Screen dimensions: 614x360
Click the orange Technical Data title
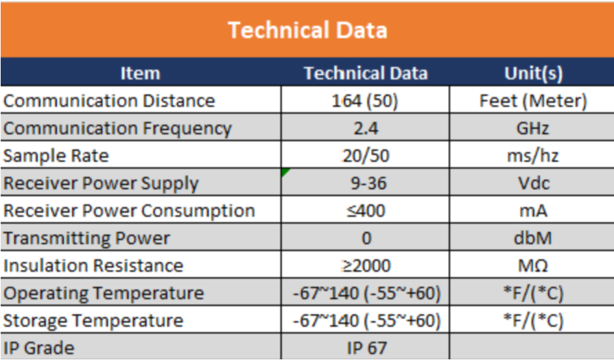[x=307, y=30]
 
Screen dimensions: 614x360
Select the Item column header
[x=140, y=73]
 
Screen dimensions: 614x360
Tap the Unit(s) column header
[x=533, y=73]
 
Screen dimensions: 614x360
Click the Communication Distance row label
[x=109, y=101]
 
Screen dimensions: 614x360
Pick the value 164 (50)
[x=365, y=101]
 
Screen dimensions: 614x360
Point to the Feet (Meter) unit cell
[x=533, y=101]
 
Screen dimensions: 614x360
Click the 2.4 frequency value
[x=366, y=128]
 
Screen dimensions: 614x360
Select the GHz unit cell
[x=533, y=128]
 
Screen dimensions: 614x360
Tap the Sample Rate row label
[x=56, y=156]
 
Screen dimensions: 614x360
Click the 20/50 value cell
[x=366, y=156]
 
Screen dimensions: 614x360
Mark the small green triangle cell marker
[x=284, y=171]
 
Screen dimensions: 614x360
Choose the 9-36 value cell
[x=368, y=183]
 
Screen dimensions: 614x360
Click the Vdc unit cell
[x=533, y=183]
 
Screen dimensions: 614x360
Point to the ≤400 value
[x=366, y=211]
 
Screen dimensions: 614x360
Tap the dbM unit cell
[x=533, y=238]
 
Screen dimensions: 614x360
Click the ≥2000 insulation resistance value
[x=366, y=265]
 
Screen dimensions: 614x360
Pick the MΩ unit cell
[x=533, y=265]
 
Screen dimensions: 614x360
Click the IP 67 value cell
[x=367, y=348]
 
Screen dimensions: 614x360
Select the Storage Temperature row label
[x=93, y=321]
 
